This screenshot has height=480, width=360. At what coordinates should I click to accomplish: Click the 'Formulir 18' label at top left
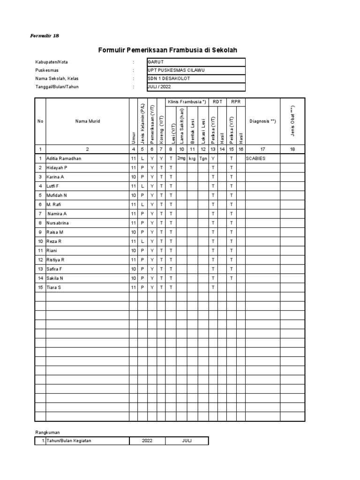[45, 36]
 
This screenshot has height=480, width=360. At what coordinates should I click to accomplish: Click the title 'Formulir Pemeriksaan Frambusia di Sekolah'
[171, 50]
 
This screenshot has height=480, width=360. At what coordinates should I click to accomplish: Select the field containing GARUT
[196, 62]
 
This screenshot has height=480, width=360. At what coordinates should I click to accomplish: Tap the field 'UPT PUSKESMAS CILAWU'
[196, 70]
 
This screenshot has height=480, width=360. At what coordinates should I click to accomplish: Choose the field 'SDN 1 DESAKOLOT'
[196, 79]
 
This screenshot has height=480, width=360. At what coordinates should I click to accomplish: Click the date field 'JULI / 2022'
[196, 87]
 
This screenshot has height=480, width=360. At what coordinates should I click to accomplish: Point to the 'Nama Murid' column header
[87, 121]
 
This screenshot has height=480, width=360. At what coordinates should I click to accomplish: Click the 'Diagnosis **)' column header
[262, 121]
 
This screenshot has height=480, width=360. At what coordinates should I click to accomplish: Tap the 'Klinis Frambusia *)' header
[187, 102]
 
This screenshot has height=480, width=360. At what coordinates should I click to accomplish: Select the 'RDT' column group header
[217, 102]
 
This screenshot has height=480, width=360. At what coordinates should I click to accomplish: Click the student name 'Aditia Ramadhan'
[63, 158]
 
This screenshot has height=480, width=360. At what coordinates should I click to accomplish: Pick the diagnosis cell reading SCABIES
[256, 158]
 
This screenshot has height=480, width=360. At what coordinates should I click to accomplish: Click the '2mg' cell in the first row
[181, 158]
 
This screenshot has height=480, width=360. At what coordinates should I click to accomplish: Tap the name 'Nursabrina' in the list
[57, 223]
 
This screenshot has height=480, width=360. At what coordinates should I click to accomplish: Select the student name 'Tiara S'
[53, 287]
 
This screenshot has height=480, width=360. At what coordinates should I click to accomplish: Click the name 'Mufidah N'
[56, 195]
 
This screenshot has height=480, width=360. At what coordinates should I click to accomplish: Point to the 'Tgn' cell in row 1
[203, 158]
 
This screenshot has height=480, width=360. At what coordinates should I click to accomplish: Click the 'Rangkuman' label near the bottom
[47, 432]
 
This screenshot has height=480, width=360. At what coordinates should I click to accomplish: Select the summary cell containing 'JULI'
[187, 441]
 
